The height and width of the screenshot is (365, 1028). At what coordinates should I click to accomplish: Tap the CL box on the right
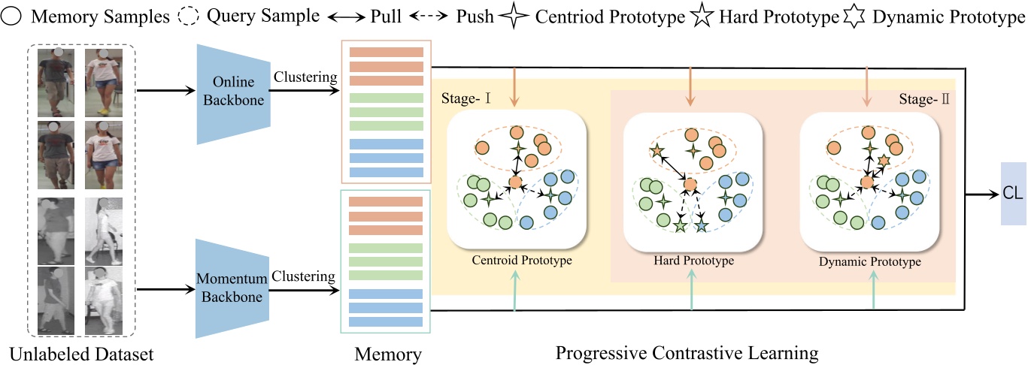1012,192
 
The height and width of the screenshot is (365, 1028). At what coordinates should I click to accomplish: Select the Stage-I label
461,99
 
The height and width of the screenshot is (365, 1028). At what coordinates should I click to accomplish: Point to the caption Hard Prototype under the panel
691,262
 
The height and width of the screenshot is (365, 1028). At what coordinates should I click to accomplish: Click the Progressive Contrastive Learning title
687,351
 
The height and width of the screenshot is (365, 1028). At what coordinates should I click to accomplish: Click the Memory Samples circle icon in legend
12,16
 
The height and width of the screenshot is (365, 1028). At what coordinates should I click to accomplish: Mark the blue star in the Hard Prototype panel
701,225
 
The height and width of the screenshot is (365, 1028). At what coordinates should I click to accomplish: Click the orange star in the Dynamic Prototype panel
884,161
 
